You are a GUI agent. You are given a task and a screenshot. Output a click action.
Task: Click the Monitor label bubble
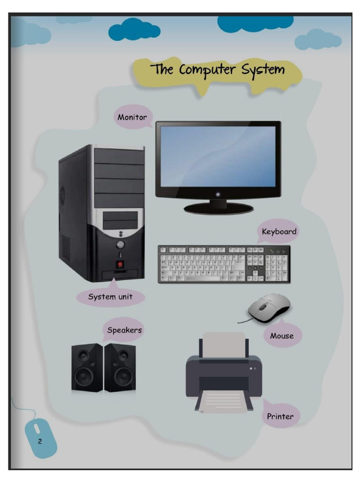133,117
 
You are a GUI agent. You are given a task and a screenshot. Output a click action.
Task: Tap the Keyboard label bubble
278,232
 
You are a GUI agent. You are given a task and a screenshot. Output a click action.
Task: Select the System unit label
110,296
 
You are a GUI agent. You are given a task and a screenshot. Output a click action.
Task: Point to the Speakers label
124,330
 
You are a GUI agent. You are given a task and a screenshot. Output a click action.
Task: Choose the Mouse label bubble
282,335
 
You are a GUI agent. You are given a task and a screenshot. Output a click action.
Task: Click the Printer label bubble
280,416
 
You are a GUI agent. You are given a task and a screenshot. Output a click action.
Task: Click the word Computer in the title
207,70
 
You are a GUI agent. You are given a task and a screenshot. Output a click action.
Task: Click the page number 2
39,441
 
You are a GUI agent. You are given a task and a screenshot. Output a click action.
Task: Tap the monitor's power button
217,194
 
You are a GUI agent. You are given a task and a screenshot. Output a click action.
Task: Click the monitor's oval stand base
218,209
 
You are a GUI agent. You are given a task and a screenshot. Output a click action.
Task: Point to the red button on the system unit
120,264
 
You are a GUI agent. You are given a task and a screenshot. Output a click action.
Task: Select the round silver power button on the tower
120,245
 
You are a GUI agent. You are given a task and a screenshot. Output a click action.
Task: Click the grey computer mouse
269,308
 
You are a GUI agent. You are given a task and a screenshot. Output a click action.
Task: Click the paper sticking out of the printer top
224,345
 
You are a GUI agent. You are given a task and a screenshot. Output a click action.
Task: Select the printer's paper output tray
224,402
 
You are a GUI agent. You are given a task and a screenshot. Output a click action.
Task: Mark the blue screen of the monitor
218,156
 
